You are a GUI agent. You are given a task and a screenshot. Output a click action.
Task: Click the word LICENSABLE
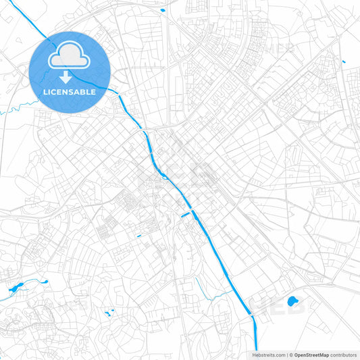(x=70, y=91)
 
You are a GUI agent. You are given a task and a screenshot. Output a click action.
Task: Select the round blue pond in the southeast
(x=292, y=301)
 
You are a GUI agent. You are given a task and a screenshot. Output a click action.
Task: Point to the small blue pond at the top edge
(x=163, y=11)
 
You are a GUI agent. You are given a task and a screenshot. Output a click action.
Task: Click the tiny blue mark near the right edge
(x=344, y=62)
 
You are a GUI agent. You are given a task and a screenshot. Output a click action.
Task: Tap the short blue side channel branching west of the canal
(x=184, y=215)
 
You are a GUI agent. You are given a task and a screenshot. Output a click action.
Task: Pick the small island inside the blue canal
(x=163, y=177)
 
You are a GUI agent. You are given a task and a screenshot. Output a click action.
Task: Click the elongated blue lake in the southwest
(x=14, y=288)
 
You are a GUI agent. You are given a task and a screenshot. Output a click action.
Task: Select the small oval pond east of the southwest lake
(x=45, y=282)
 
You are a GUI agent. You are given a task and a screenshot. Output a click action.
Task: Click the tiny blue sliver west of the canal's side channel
(x=138, y=236)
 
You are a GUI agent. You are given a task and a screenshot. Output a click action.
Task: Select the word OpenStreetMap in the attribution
(x=311, y=355)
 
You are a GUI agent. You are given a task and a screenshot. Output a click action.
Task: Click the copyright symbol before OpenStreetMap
(x=290, y=355)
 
